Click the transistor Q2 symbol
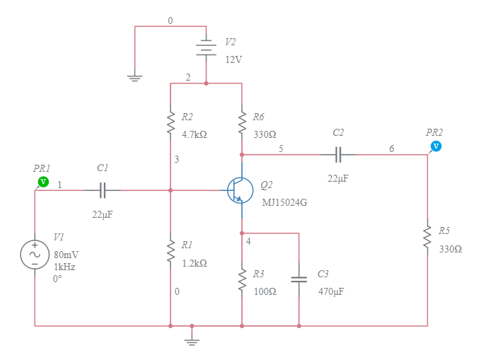240,190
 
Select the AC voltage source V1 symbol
35,255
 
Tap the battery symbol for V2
206,48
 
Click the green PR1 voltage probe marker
43,182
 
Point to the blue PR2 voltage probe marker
436,146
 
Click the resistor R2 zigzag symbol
170,122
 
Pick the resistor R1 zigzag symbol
170,250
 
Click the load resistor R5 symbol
427,237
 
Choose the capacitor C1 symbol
103,190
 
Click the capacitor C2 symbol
338,153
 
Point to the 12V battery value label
233,60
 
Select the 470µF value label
331,291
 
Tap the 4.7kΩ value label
194,134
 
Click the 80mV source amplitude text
66,255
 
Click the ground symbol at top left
134,77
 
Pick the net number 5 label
281,149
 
